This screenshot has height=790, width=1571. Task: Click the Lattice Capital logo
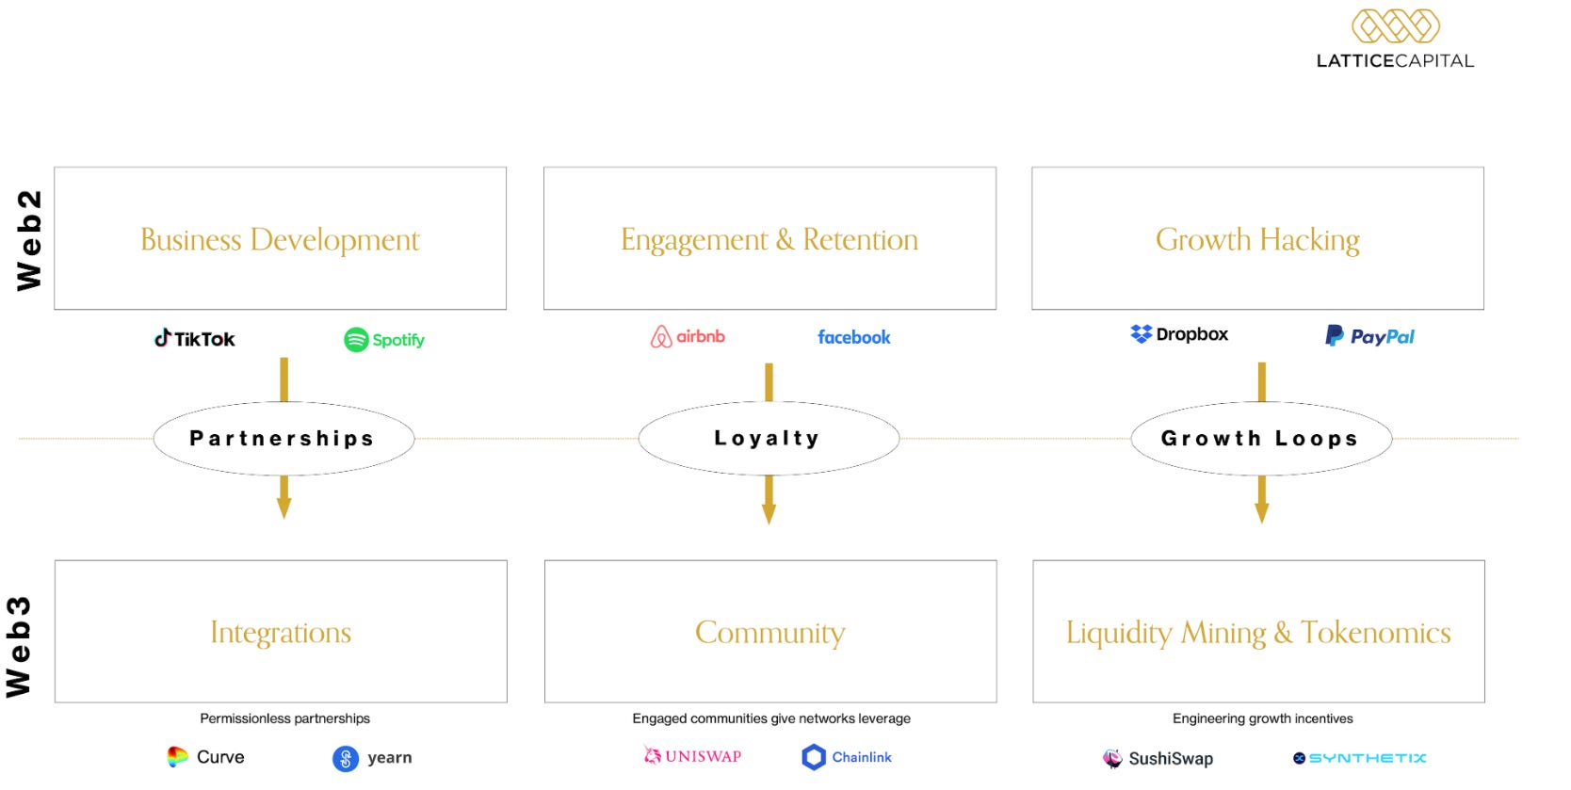1395,40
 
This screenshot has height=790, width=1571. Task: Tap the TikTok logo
195,339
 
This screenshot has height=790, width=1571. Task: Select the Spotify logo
384,340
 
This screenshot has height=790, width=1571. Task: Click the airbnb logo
688,336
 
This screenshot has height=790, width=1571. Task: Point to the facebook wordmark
853,337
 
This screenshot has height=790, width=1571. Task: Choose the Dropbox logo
1179,334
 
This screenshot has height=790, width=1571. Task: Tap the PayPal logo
1369,336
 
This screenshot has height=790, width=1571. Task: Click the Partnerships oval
283,439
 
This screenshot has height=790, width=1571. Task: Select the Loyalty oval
768,439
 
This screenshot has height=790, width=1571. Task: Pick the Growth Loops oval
1260,439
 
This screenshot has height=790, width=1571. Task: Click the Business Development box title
280,240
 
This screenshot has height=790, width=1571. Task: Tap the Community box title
769,633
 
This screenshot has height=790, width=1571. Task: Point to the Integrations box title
281,633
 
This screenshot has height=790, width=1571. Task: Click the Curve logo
205,757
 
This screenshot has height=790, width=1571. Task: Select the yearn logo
372,758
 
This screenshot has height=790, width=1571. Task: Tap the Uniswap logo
692,756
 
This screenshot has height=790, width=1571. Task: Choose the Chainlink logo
847,757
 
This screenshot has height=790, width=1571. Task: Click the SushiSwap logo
1158,758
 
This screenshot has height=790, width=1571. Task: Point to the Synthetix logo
1359,758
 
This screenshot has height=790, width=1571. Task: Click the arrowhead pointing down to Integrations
283,509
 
